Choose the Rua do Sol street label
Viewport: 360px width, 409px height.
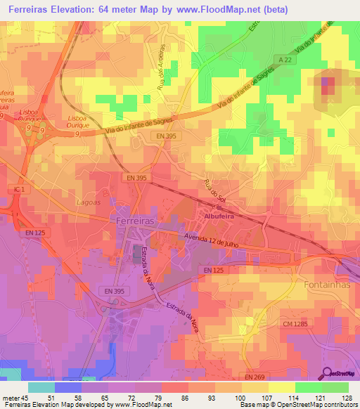(x=214, y=193)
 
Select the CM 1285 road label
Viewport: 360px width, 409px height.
(x=295, y=324)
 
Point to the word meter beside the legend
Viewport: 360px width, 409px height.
(x=11, y=397)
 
